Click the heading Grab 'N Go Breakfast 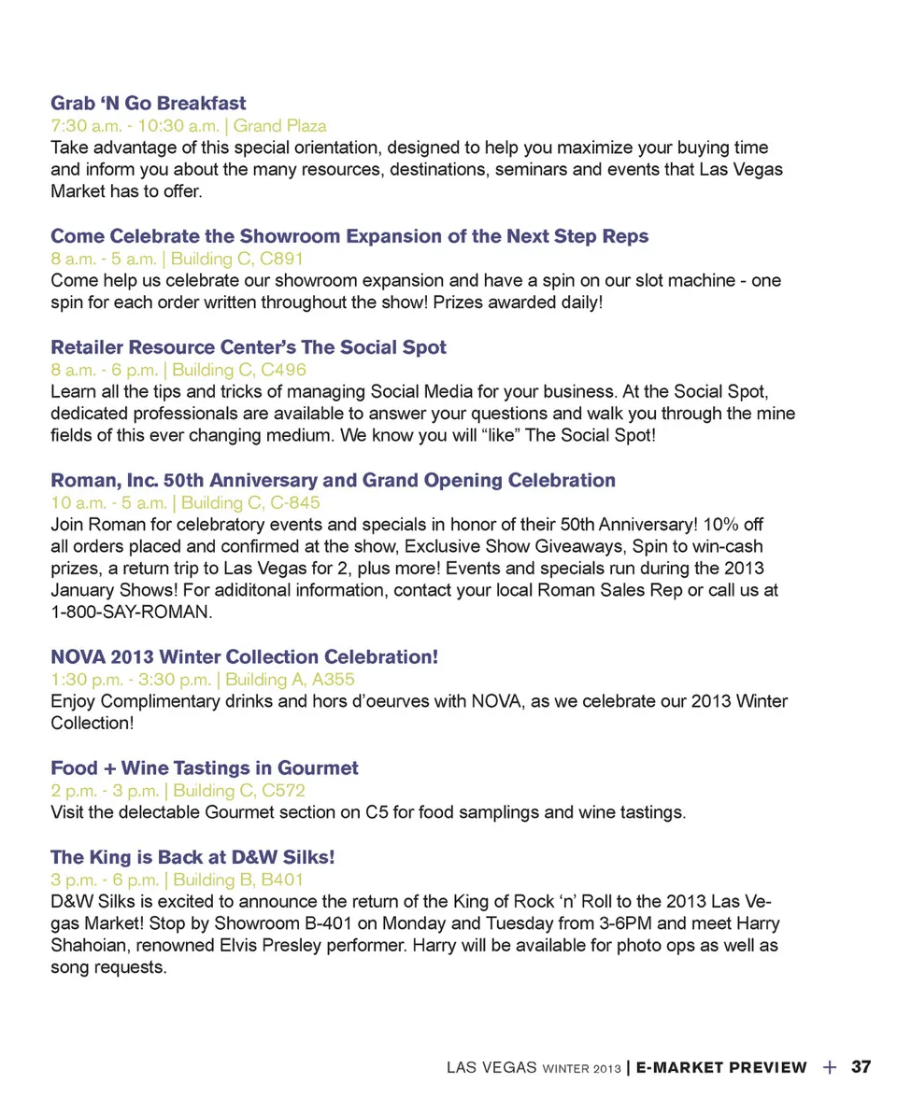[148, 103]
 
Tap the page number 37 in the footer [861, 1067]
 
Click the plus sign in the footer [829, 1067]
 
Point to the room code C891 [283, 259]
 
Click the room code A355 [335, 680]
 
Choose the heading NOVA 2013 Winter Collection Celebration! [245, 657]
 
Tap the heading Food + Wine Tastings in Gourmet [205, 768]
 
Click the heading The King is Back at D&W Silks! [192, 857]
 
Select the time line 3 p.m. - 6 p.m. [104, 880]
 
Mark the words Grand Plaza [279, 125]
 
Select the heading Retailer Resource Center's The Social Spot [249, 347]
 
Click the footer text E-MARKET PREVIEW [721, 1067]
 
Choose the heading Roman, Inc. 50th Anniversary [333, 481]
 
